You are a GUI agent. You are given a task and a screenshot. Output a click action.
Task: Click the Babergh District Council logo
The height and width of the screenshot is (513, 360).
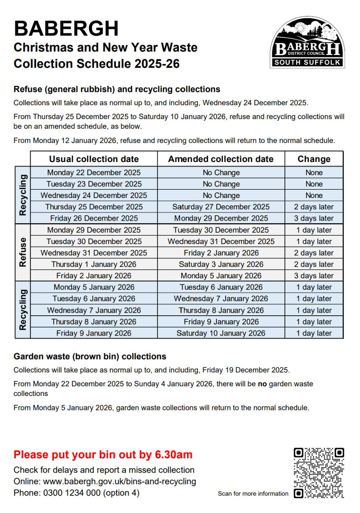coord(307,43)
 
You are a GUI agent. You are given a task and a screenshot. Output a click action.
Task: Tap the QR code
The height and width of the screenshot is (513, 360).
coord(319,473)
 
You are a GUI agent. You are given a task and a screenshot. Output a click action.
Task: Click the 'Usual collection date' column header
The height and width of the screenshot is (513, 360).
coord(94,159)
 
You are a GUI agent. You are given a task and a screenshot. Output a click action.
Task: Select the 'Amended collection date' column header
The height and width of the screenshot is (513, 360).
coord(221,159)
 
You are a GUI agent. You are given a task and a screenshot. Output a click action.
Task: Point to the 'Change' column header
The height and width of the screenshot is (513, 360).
coord(314,159)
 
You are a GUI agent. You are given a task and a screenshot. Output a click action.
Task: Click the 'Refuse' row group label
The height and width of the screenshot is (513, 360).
coord(23,252)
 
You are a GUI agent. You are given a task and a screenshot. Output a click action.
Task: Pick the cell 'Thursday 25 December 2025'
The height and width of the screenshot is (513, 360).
coord(94,207)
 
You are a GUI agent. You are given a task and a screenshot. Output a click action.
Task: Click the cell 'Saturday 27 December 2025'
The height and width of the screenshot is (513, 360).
coord(221,207)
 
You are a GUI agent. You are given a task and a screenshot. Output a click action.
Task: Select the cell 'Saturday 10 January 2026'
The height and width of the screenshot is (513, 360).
coord(221,333)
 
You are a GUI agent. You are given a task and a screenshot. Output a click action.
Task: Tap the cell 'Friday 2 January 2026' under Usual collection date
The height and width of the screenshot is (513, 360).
coord(94,276)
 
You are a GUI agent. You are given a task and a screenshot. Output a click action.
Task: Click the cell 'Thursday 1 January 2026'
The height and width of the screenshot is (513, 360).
coord(94,264)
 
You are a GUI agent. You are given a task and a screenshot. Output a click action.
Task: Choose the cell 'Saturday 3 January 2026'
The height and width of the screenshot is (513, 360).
coord(221,264)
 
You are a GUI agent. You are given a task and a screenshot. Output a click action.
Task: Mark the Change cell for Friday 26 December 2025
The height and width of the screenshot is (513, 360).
coord(314,219)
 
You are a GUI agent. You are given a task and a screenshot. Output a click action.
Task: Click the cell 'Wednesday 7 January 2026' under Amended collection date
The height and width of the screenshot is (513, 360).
coord(221,299)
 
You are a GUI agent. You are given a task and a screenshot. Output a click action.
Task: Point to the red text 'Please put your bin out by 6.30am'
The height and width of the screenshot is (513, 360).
coord(103,455)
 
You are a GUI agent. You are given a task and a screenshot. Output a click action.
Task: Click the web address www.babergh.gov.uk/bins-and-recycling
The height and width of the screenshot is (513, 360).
coord(120,482)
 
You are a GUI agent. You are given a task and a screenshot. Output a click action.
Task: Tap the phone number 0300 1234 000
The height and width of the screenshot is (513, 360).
coord(72,493)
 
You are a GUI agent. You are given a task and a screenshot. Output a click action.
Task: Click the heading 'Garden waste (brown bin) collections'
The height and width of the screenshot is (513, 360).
coord(90,356)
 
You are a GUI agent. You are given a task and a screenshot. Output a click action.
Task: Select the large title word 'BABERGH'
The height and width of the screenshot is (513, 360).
coord(66,29)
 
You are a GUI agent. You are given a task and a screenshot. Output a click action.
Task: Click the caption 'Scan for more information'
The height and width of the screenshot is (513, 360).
coord(253,494)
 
